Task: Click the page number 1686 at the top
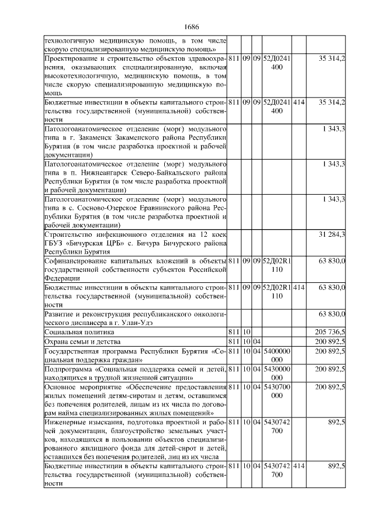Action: [x=191, y=27]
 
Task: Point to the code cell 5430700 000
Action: [x=277, y=392]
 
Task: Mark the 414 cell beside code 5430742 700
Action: [x=299, y=467]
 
